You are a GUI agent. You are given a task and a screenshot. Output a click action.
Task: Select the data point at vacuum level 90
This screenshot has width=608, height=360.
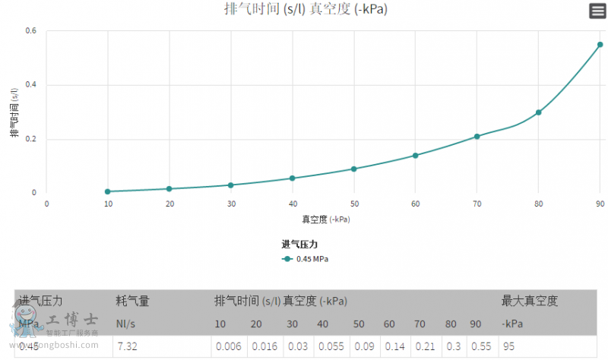(600, 45)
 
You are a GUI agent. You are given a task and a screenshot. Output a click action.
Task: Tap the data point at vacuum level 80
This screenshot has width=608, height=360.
(538, 112)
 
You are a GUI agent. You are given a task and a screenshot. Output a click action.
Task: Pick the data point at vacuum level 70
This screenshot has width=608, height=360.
(477, 137)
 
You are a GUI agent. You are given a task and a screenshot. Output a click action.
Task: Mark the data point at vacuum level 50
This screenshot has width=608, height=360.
(354, 169)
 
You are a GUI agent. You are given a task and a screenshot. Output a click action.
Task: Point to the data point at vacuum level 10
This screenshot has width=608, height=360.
(108, 191)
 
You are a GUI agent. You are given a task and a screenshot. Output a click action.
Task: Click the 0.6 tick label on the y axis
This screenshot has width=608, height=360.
(31, 31)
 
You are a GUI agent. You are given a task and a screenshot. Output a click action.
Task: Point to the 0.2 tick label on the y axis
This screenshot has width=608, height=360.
(31, 139)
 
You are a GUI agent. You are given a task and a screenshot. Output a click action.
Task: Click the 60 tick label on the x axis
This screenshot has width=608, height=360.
(415, 204)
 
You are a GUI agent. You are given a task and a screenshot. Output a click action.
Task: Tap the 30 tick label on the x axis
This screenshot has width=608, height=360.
(231, 204)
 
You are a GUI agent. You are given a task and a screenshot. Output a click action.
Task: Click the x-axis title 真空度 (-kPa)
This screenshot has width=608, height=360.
(326, 219)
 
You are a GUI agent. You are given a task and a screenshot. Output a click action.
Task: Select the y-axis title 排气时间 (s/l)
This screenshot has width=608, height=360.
(14, 112)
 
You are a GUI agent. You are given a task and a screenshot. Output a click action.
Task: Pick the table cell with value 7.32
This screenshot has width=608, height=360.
(126, 346)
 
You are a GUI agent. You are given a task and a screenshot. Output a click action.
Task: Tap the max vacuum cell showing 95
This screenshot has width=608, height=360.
(508, 346)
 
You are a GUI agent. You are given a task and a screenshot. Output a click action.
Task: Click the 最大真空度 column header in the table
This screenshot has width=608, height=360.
(530, 302)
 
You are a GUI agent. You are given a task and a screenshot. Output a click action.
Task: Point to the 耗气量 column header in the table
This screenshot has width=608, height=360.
(132, 302)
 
